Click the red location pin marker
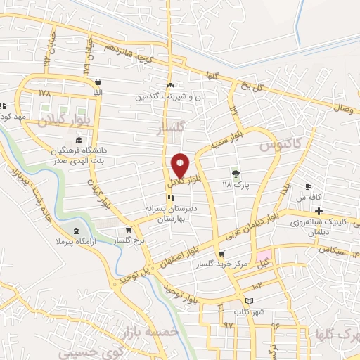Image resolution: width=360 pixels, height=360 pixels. (181, 165)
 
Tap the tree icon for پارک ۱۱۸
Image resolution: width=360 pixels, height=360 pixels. (236, 174)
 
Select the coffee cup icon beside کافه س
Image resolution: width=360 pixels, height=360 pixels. (307, 186)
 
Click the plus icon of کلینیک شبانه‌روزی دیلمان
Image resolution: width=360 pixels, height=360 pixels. (319, 211)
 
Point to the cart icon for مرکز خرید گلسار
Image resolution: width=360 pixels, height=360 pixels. (222, 255)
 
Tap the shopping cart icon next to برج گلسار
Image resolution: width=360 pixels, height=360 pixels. (127, 229)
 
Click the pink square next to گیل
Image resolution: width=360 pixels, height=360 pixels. (263, 257)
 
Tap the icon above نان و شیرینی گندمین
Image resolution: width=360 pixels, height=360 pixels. (171, 83)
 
